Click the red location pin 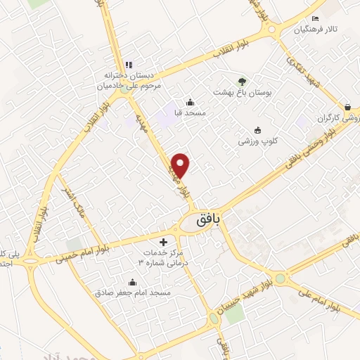coord(181,164)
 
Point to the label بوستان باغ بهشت coord(243,91)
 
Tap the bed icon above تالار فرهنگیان coord(316,18)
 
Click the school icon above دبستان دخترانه coord(124,64)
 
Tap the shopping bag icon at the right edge coord(347,107)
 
